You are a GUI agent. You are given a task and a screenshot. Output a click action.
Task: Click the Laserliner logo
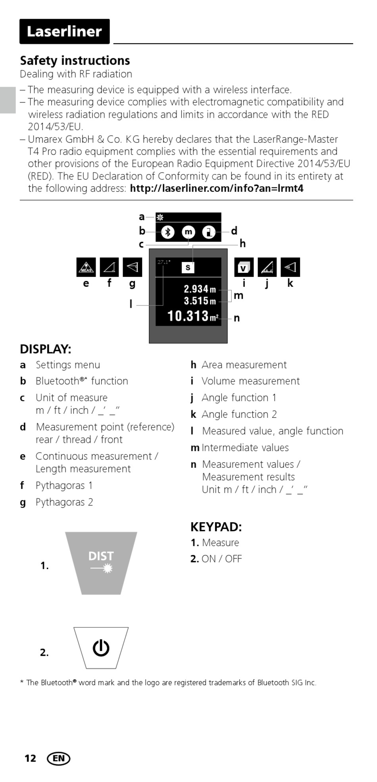tap(64, 31)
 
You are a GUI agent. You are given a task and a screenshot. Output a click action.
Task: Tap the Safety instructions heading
tap(75, 60)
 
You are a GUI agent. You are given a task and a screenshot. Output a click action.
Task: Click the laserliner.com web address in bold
tap(217, 188)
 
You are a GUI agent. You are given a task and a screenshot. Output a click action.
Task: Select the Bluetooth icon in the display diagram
tap(167, 232)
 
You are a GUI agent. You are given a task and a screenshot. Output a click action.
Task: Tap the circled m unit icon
tap(188, 232)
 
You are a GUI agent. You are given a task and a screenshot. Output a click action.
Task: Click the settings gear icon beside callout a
tap(160, 217)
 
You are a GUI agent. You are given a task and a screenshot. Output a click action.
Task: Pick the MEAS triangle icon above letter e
tap(86, 267)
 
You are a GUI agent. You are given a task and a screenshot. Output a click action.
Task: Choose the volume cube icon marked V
tap(244, 267)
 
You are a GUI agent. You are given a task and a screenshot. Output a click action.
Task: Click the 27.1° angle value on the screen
tap(163, 262)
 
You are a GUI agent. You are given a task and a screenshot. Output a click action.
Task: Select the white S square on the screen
tap(188, 267)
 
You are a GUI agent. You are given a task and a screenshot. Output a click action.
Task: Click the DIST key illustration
tap(101, 563)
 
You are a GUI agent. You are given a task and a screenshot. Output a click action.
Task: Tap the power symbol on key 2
tap(101, 648)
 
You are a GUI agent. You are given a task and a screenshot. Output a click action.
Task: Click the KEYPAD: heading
tap(216, 527)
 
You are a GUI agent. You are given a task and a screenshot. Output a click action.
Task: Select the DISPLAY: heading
tap(46, 349)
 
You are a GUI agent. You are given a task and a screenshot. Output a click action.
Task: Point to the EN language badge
tap(58, 759)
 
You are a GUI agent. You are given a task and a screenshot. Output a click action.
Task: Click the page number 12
tap(30, 759)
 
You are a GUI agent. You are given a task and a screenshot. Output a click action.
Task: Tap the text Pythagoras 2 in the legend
tap(64, 502)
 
